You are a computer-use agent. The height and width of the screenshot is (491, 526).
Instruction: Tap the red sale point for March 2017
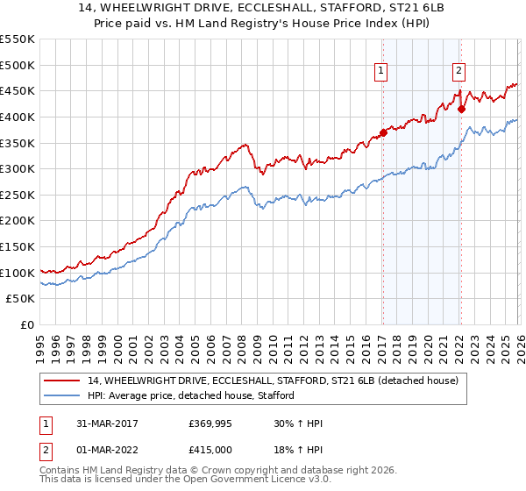pyautogui.click(x=383, y=132)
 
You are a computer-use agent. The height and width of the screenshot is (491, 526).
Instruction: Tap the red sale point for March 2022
pyautogui.click(x=460, y=109)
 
